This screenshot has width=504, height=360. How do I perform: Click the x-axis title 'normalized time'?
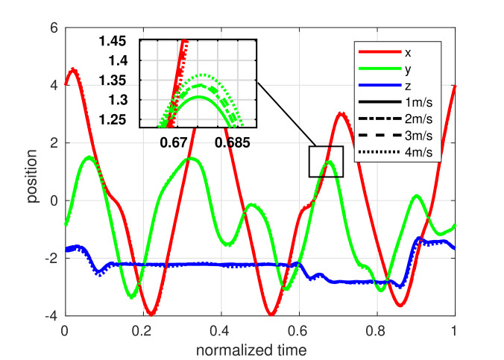[259, 348]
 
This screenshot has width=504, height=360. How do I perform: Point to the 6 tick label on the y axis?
[54, 28]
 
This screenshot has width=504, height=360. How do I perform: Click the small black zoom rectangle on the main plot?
[327, 162]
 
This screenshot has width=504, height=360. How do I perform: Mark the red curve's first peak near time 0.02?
[73, 69]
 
